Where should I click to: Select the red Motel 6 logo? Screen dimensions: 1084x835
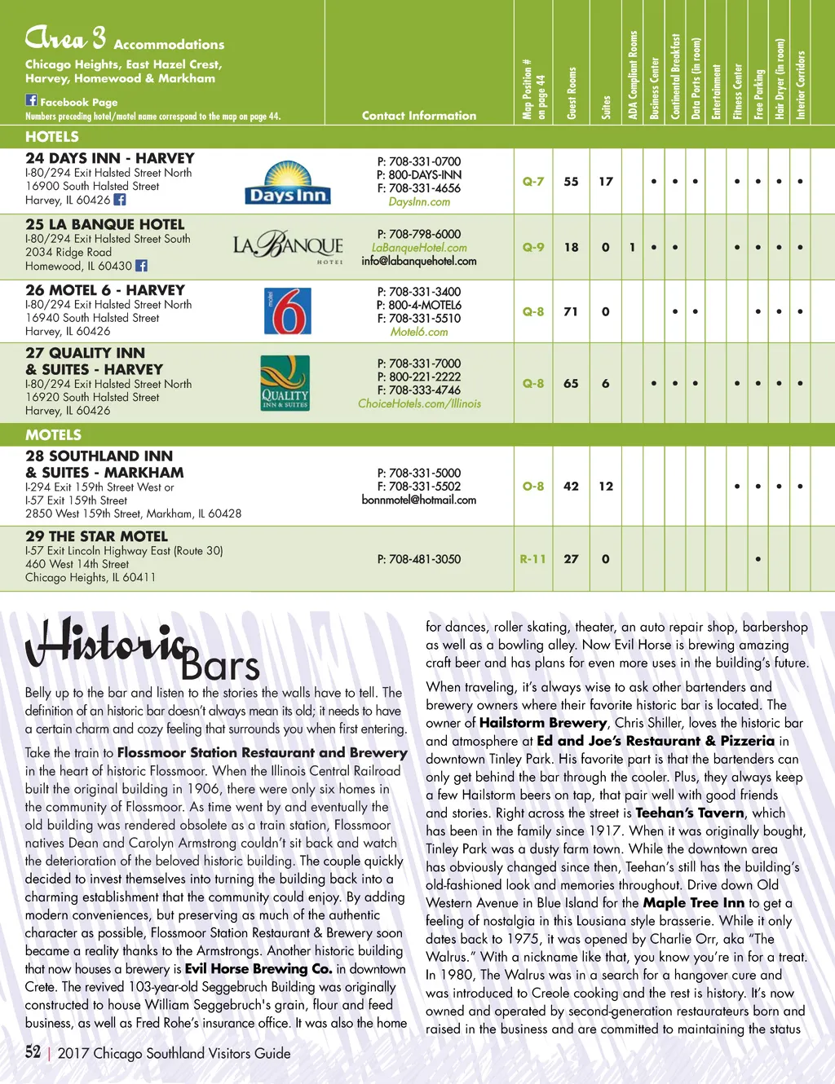287,311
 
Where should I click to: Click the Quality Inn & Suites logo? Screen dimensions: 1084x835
285,382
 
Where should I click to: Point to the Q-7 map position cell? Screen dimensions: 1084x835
532,182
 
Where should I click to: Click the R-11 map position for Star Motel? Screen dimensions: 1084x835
532,559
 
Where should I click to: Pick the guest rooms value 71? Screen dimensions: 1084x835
571,311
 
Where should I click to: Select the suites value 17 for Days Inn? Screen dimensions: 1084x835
605,182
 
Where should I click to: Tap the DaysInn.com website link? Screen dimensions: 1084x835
419,201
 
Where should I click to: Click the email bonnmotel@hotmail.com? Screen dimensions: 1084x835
419,500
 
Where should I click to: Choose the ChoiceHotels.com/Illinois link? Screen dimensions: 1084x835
419,403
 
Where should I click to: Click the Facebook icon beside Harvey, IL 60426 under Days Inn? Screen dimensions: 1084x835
120,200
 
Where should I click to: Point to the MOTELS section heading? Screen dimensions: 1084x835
53,434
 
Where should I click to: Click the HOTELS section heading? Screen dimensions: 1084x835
51,137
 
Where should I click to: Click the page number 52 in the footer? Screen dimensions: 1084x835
33,1052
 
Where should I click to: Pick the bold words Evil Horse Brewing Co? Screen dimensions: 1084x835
258,968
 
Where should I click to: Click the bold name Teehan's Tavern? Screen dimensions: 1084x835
689,813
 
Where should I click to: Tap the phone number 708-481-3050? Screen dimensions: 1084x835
419,559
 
